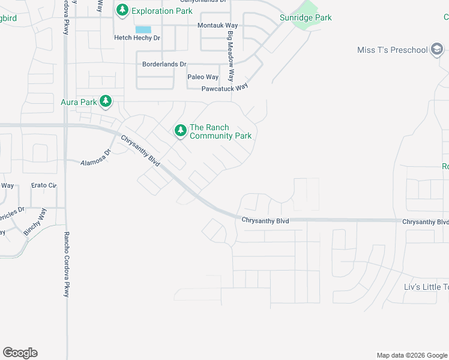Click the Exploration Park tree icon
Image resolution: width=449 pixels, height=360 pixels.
click(122, 10)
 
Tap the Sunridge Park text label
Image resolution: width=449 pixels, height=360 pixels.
click(306, 18)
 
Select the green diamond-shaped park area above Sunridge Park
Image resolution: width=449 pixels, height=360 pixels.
click(307, 8)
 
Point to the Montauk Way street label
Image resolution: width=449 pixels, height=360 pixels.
click(217, 26)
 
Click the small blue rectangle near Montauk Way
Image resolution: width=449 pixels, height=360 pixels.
click(143, 29)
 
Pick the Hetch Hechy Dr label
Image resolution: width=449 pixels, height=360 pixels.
click(137, 38)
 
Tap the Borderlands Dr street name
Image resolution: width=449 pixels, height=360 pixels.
click(164, 64)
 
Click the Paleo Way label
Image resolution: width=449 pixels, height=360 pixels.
click(203, 77)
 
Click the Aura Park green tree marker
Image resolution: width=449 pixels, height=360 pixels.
click(106, 101)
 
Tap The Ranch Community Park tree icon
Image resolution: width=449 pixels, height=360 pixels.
click(180, 130)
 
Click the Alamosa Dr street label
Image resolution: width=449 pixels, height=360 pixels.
click(97, 157)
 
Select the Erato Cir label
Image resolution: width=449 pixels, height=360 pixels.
click(44, 186)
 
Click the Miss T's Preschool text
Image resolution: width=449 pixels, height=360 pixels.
click(391, 50)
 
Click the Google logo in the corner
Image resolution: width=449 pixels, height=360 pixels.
click(20, 353)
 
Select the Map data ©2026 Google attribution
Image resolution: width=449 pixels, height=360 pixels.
click(411, 355)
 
